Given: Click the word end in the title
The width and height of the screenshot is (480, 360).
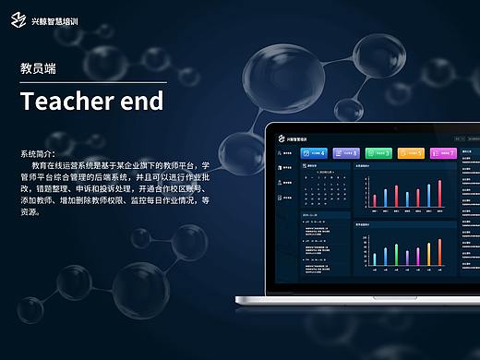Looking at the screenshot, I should (143, 101).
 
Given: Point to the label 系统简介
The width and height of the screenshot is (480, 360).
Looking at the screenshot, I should (38, 152).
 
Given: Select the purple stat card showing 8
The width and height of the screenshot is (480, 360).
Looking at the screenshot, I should (348, 153).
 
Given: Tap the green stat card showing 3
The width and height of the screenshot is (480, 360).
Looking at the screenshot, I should (379, 153).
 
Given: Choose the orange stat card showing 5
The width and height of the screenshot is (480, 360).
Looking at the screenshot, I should (412, 153).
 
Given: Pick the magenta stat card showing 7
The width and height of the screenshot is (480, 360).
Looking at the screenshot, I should (442, 153).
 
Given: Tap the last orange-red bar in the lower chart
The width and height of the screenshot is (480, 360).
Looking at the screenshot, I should (440, 253).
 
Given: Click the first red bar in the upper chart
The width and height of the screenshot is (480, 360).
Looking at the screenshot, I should (375, 199).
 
